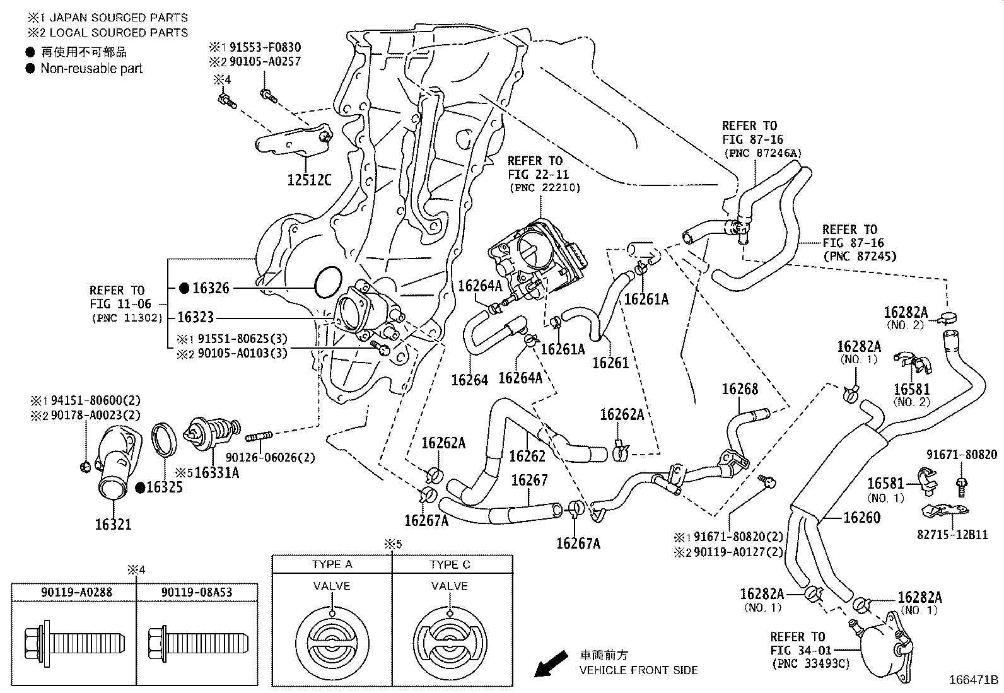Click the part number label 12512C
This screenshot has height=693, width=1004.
(x=309, y=180)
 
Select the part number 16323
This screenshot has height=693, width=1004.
(x=196, y=317)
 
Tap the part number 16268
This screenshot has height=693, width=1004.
(x=740, y=389)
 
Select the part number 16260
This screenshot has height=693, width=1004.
(x=862, y=518)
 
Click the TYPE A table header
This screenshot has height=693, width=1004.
(x=332, y=564)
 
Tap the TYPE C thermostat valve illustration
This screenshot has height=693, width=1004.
(x=450, y=644)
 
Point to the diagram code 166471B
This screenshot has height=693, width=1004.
(x=973, y=680)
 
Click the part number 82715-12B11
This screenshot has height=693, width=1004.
(x=952, y=535)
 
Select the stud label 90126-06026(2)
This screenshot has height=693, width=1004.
(x=271, y=458)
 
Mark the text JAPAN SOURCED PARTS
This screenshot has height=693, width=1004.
(x=119, y=18)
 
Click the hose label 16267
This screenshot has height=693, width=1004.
(x=529, y=480)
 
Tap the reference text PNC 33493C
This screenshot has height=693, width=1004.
(x=811, y=664)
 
